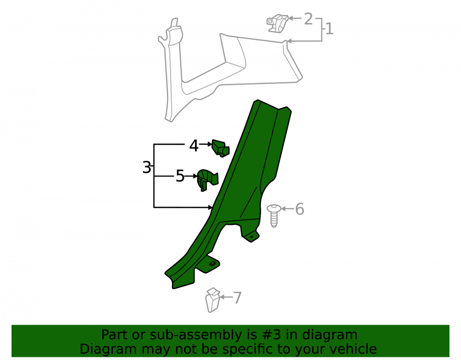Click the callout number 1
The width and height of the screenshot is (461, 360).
(x=330, y=29)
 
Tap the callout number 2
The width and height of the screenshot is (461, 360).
(x=308, y=18)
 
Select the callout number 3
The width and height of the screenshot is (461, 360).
(x=147, y=167)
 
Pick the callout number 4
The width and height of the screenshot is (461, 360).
(x=194, y=146)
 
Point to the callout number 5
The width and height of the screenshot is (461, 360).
(x=180, y=176)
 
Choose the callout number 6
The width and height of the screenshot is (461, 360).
(x=300, y=209)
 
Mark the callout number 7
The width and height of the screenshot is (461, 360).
(x=237, y=298)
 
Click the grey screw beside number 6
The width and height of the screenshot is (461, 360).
(x=274, y=216)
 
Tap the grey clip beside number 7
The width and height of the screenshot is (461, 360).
(x=213, y=300)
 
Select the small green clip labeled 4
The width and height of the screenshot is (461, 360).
(x=220, y=148)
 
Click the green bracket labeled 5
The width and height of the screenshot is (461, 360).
(x=207, y=180)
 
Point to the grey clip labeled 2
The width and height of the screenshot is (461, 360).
(x=278, y=23)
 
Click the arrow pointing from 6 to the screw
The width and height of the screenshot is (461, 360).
(x=288, y=209)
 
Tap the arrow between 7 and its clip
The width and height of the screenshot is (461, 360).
(x=226, y=297)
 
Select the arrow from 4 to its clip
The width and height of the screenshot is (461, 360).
(x=206, y=144)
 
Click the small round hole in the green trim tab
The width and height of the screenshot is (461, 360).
(x=251, y=236)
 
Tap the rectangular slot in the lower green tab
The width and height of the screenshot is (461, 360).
(x=212, y=263)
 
